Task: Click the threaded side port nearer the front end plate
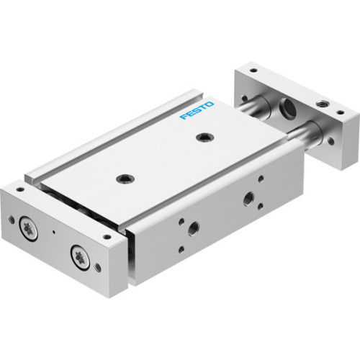pyautogui.click(x=193, y=229)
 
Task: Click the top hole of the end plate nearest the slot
pyautogui.click(x=106, y=236)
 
